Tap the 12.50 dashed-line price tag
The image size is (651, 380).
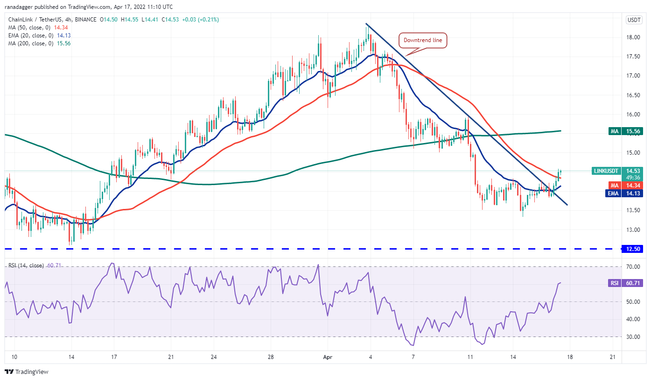point(633,249)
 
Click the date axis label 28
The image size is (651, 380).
point(270,357)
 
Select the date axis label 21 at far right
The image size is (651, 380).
point(613,357)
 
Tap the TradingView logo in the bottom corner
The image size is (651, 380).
point(27,372)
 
